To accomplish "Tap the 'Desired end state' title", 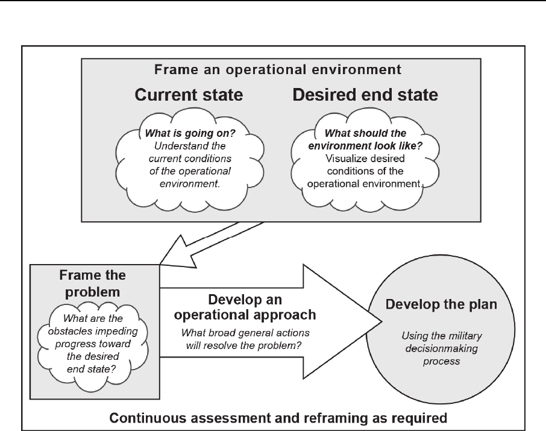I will pyautogui.click(x=365, y=95).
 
